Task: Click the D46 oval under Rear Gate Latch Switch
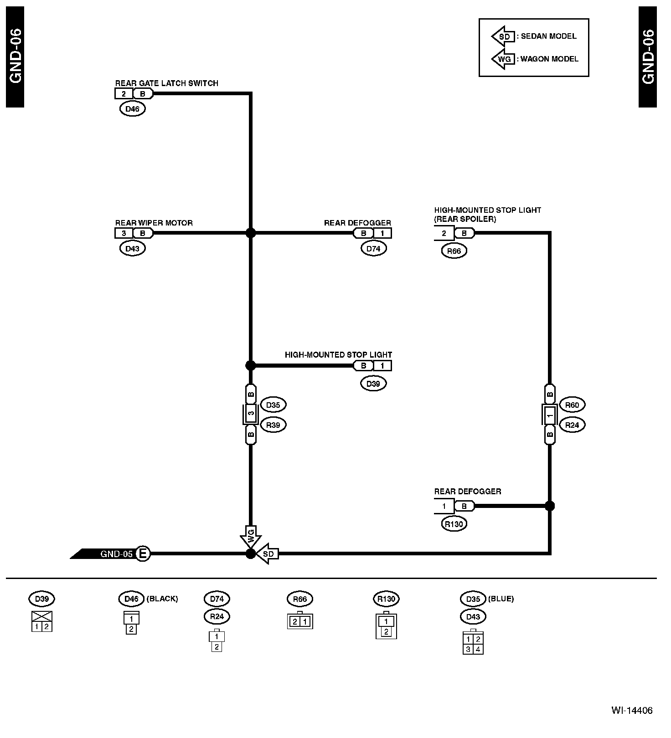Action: pos(132,109)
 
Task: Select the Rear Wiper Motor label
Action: pos(154,223)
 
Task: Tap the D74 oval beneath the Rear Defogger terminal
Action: pos(373,248)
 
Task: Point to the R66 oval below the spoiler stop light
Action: pos(454,251)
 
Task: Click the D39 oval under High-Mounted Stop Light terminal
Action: pos(373,383)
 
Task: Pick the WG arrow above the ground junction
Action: pos(250,537)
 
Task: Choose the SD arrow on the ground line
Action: pos(268,553)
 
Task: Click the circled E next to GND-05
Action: pos(143,553)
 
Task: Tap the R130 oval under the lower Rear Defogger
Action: pos(454,524)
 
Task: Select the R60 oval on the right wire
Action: pos(572,405)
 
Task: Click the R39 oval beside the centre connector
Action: pos(273,425)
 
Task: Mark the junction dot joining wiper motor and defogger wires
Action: pos(250,233)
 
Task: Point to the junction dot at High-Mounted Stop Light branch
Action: pos(250,365)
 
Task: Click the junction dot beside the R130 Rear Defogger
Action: pos(550,506)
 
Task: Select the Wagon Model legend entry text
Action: pos(549,59)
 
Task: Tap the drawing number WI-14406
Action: pos(632,710)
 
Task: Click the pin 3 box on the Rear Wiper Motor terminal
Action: pos(124,233)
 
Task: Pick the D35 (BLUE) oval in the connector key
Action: pos(473,599)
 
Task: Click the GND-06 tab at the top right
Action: pos(647,57)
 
